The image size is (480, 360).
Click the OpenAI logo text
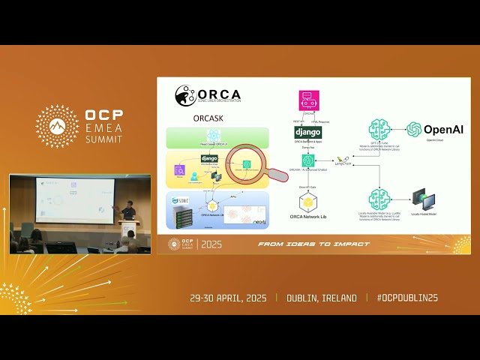(x=444, y=130)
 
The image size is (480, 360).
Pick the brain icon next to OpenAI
(x=380, y=130)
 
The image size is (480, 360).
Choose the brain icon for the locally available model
(x=379, y=199)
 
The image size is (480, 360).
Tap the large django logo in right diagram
(x=307, y=132)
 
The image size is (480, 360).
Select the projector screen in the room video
(x=75, y=199)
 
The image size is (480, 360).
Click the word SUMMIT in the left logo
(x=106, y=139)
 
